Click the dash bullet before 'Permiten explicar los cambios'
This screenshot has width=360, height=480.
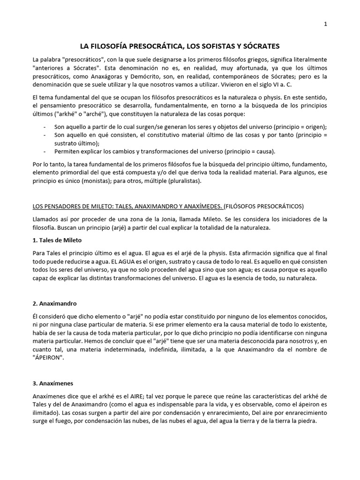click(44, 151)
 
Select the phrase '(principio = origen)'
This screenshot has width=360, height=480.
click(298, 127)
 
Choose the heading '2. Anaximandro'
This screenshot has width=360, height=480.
click(55, 303)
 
